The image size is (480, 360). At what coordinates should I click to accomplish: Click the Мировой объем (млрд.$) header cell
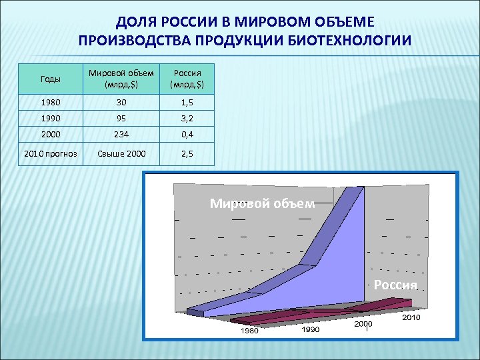tap(121, 79)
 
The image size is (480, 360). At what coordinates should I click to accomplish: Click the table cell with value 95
tap(121, 119)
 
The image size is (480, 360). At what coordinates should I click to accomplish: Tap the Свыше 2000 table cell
tap(121, 154)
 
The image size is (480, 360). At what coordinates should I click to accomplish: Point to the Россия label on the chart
tap(395, 285)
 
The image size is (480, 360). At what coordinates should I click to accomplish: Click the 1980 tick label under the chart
tap(249, 331)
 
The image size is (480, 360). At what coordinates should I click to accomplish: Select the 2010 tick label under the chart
tap(411, 318)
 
